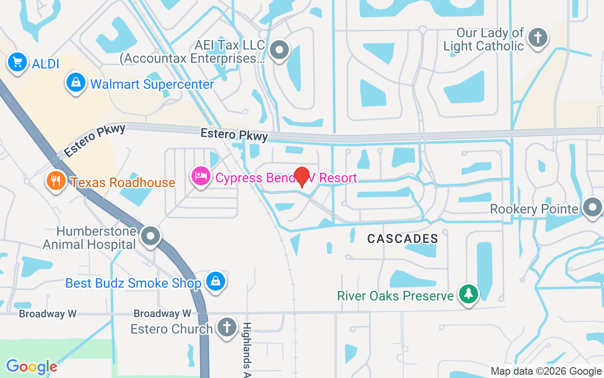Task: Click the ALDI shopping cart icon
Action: (17, 62)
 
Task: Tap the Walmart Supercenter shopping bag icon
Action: (75, 83)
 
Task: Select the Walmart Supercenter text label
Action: (152, 85)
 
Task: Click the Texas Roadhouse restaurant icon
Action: (56, 180)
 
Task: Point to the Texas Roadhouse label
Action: (123, 182)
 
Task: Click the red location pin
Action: (302, 176)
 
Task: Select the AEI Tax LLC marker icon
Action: (279, 49)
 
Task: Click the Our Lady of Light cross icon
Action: (537, 37)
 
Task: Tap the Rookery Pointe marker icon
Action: (592, 207)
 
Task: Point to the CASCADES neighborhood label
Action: (403, 239)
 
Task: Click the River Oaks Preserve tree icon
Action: (469, 294)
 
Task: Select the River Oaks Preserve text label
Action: (395, 296)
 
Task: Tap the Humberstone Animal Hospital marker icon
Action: (151, 235)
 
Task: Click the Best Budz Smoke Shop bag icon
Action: (216, 281)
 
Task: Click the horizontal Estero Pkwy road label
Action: (234, 135)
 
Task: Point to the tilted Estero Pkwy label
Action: (95, 140)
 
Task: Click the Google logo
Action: (32, 366)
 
